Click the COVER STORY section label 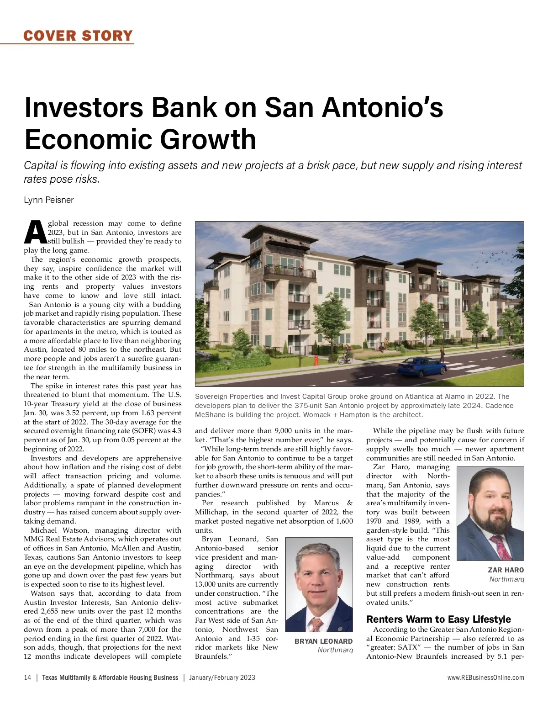tap(78, 35)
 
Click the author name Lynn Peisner tap(48, 200)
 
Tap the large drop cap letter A tap(35, 232)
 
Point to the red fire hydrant tap(316, 361)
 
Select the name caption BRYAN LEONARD tap(323, 641)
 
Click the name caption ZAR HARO tap(506, 570)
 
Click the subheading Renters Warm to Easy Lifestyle tap(438, 619)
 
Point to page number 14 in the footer tap(27, 678)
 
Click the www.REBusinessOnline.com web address tap(485, 678)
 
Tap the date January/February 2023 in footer tap(222, 678)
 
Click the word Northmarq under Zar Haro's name tap(506, 579)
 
